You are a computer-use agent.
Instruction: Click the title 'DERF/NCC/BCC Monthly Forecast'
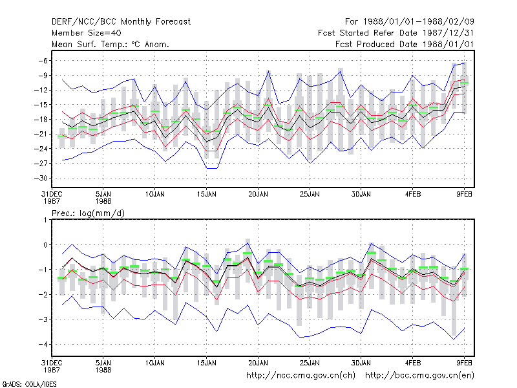coord(121,22)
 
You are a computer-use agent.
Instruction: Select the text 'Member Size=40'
coord(87,33)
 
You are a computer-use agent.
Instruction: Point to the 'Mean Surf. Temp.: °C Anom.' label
coord(111,44)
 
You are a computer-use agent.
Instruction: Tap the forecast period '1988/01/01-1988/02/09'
coord(418,22)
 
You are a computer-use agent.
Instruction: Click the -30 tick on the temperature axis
coord(41,178)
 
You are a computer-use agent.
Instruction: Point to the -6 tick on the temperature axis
coord(43,61)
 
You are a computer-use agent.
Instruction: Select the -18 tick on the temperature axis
coord(41,120)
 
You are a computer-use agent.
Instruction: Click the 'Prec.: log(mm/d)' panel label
coord(88,213)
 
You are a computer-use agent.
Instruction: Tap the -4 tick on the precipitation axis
coord(43,345)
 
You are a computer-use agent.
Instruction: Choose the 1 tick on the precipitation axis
coord(45,220)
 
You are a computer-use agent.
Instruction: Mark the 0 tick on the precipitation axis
coord(45,245)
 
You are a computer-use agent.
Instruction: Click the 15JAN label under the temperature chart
coord(207,195)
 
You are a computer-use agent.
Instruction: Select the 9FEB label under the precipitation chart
coord(464,363)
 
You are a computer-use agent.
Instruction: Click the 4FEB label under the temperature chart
coord(413,195)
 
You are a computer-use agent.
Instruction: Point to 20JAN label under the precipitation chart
coord(258,363)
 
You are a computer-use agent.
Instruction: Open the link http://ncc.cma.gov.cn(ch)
coord(301,376)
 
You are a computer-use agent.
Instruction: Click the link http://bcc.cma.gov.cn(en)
coord(419,376)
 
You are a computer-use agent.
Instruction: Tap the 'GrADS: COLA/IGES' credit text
coord(29,384)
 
